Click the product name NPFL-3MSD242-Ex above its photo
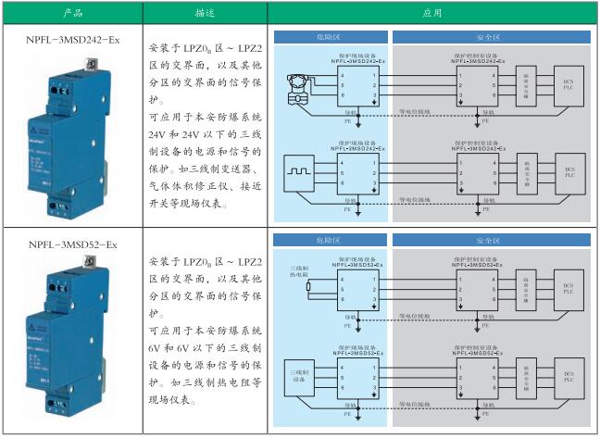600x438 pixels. point(72,40)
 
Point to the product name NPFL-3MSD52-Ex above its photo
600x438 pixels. point(72,244)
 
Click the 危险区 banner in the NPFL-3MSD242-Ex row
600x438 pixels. point(331,37)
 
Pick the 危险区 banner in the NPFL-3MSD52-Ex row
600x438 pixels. point(331,239)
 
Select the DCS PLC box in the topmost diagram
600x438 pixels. point(569,85)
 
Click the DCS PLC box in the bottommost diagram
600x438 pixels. point(569,378)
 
